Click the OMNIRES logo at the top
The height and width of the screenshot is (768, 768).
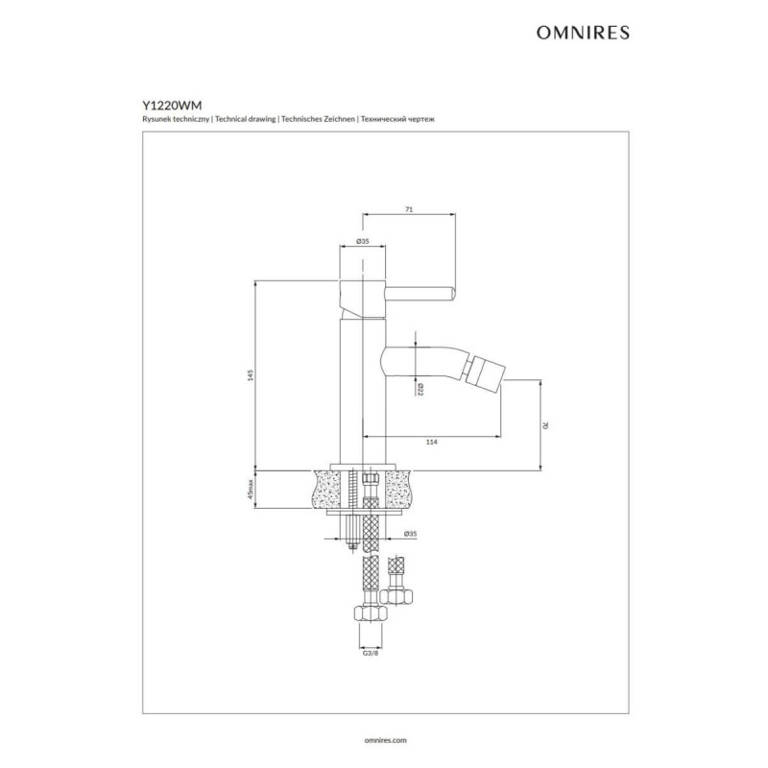pos(583,33)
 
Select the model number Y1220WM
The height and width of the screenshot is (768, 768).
pos(172,106)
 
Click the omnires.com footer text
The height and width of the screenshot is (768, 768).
pos(386,740)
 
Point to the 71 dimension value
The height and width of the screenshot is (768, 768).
pos(410,209)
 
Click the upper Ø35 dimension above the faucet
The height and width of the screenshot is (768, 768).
pos(363,241)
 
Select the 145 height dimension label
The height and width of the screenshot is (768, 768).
pos(251,375)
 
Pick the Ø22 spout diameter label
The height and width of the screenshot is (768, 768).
pos(420,390)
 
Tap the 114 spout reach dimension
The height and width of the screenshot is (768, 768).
pos(431,443)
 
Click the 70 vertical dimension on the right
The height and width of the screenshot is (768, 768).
pos(545,425)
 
